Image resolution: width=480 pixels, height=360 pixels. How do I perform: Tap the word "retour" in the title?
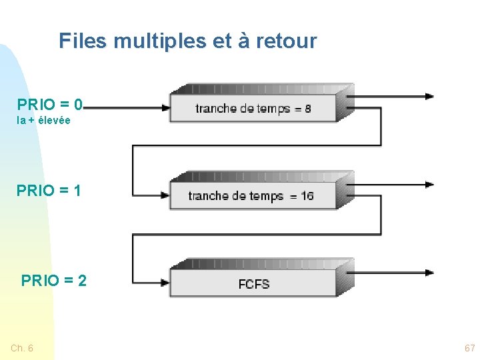tap(286, 41)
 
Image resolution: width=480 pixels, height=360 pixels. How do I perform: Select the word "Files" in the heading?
tap(83, 41)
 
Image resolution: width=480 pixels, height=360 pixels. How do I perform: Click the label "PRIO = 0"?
tap(50, 105)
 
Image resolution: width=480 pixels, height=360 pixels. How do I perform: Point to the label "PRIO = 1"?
tap(49, 191)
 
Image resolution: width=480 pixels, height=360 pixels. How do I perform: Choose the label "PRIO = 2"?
tap(54, 281)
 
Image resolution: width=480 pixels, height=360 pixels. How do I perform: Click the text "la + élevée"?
tap(43, 121)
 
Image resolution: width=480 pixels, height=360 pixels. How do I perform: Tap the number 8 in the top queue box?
tap(308, 109)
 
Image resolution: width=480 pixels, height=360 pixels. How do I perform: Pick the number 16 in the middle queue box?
tap(307, 196)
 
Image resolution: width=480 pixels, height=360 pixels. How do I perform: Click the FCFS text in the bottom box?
tap(254, 285)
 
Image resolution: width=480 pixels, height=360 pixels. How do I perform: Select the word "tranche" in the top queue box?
tap(213, 109)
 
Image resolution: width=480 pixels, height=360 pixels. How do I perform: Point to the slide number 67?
tap(469, 348)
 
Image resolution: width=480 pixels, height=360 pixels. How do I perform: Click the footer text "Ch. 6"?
tap(22, 348)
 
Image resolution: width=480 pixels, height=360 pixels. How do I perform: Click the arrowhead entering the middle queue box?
tap(165, 195)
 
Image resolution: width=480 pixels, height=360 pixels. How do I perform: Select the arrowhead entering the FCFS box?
tap(165, 282)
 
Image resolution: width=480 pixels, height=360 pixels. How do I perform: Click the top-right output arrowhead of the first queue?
tap(429, 96)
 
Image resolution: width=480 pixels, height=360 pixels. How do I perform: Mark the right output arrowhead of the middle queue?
tap(429, 184)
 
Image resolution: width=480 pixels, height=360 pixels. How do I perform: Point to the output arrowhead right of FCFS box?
tap(429, 272)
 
